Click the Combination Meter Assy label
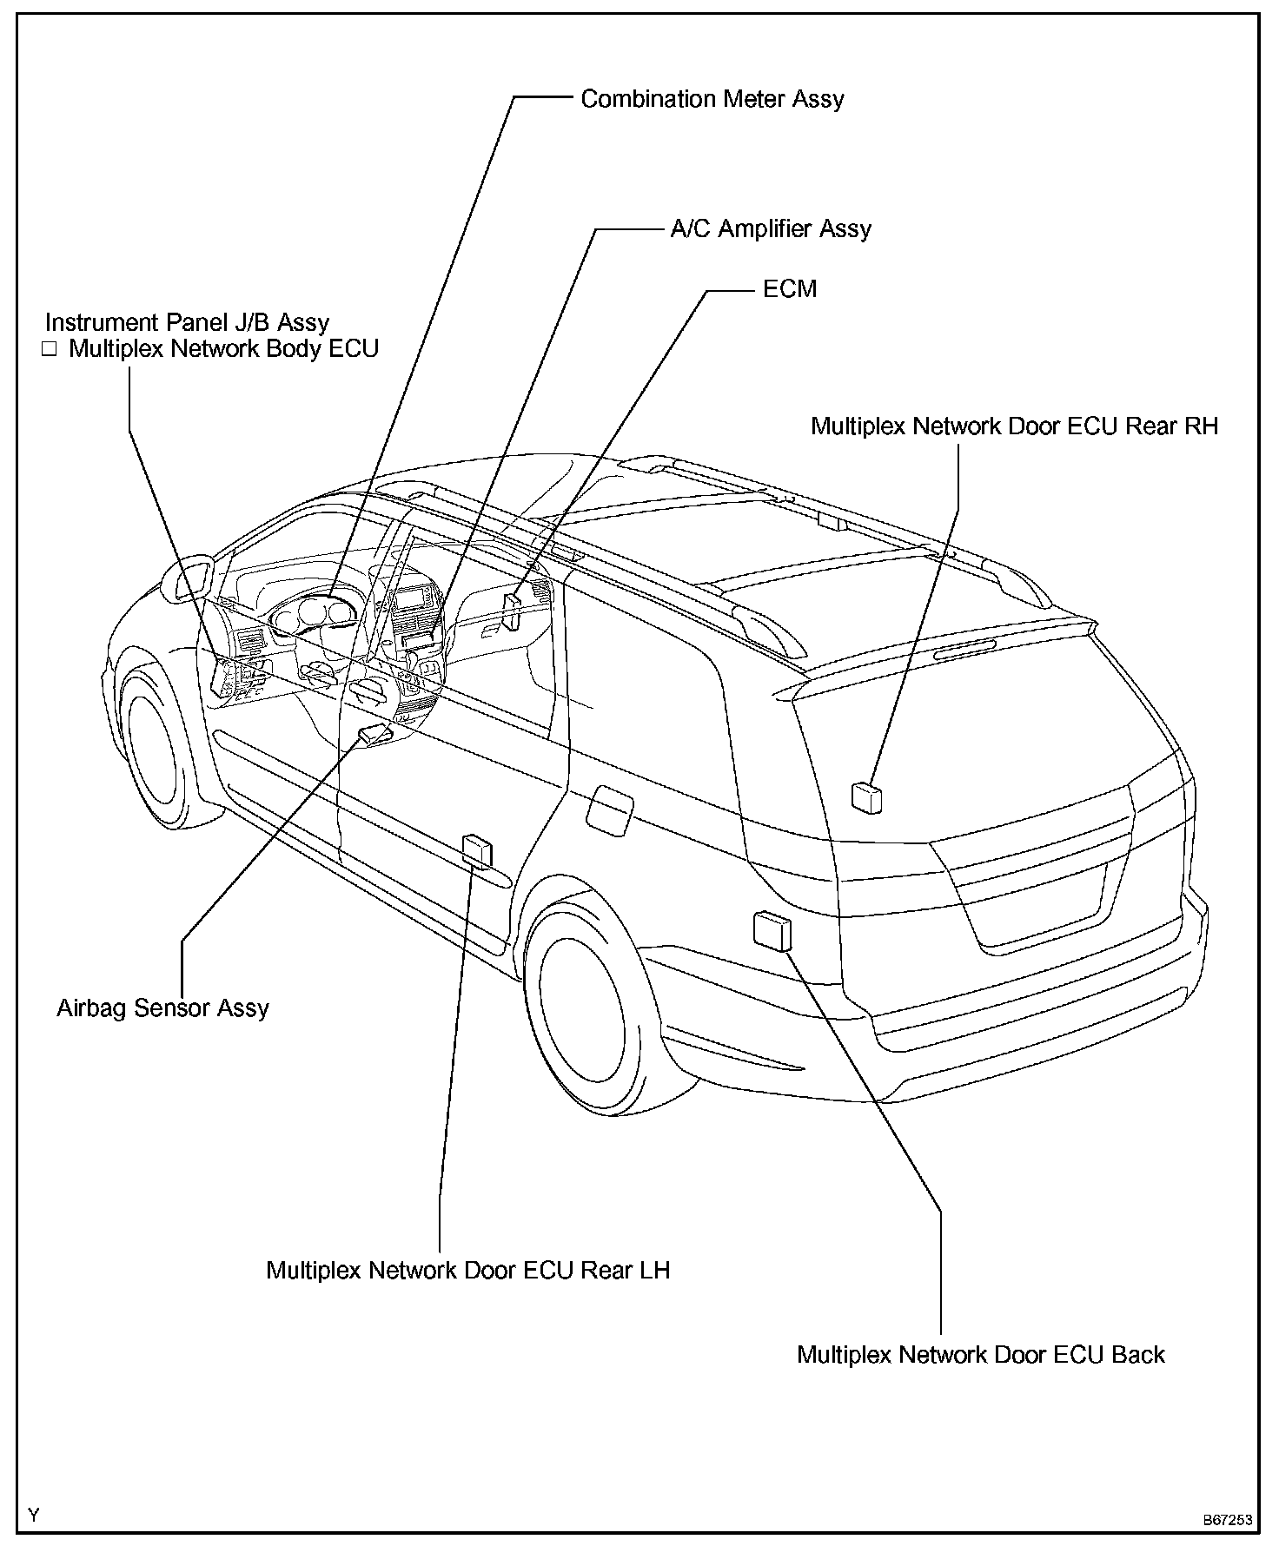click(x=712, y=99)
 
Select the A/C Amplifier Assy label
click(x=770, y=229)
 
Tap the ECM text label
click(x=789, y=289)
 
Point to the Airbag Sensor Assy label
click(x=162, y=1008)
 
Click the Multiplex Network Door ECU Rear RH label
click(x=1014, y=426)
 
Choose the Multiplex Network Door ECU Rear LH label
click(x=467, y=1271)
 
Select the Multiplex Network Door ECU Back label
click(x=980, y=1355)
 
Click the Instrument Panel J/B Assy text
click(x=187, y=323)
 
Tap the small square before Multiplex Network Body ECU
click(x=50, y=350)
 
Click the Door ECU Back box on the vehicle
click(x=772, y=930)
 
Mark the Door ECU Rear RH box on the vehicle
click(x=866, y=796)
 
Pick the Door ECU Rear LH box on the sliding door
click(x=477, y=850)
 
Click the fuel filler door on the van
click(x=609, y=810)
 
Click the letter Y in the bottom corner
click(x=34, y=1516)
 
